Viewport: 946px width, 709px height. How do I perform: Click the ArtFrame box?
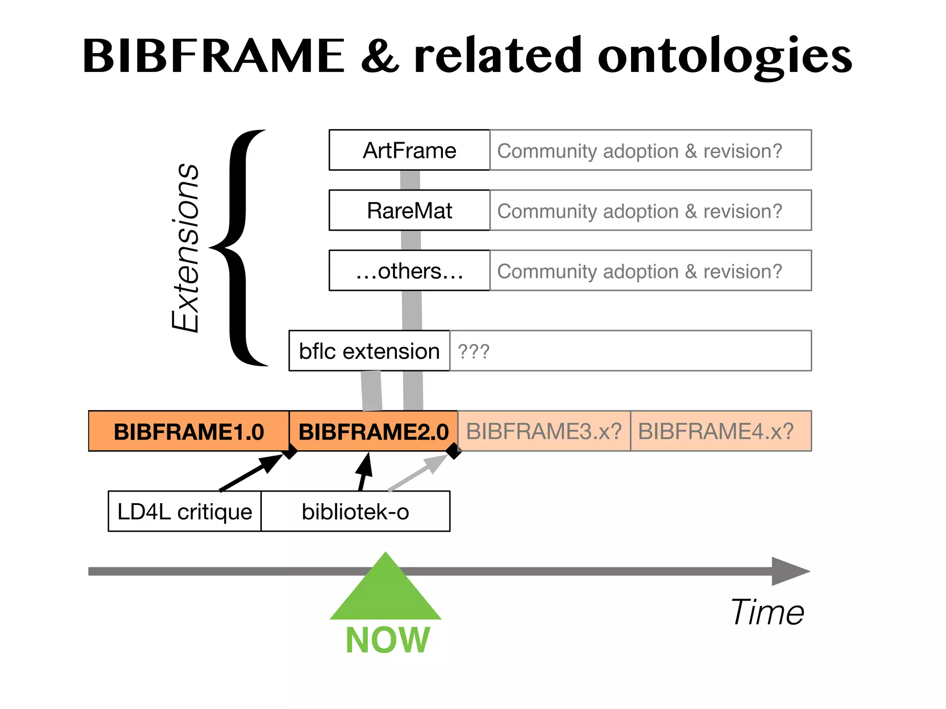point(409,150)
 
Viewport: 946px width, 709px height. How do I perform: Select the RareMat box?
point(409,210)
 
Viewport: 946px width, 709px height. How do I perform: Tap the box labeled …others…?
point(409,270)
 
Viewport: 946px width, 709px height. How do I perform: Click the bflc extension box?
point(369,351)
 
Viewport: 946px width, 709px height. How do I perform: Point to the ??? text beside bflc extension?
point(473,352)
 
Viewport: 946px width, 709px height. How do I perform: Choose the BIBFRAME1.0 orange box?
point(188,431)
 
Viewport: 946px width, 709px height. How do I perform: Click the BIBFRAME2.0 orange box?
point(373,431)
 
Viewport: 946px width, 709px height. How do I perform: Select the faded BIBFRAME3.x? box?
point(544,431)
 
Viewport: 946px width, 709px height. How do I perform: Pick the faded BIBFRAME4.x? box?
point(716,431)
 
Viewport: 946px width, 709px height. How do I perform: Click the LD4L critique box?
point(185,511)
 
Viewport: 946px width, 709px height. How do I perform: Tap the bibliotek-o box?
point(355,511)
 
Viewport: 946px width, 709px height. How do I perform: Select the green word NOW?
point(388,641)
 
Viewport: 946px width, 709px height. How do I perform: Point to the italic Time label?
point(767,612)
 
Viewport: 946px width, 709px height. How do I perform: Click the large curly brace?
point(240,248)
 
